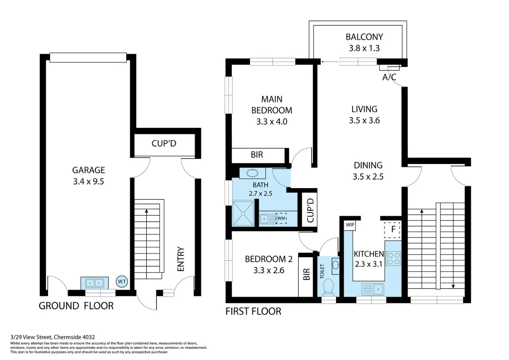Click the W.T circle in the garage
[x=122, y=281]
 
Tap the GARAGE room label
[x=88, y=170]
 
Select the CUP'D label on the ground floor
[x=164, y=143]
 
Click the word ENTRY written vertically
[x=181, y=259]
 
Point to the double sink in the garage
[x=95, y=283]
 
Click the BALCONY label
[x=364, y=37]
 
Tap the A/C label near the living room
[x=389, y=77]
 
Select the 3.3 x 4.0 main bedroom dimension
[x=272, y=121]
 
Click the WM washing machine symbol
[x=281, y=218]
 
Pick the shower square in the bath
[x=243, y=213]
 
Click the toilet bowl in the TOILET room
[x=328, y=287]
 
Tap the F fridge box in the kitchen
[x=393, y=230]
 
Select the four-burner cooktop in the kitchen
[x=393, y=258]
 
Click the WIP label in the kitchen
[x=350, y=225]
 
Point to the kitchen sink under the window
[x=373, y=289]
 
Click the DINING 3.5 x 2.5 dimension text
[x=368, y=177]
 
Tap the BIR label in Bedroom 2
[x=306, y=275]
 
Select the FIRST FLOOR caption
[x=253, y=312]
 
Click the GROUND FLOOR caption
[x=76, y=306]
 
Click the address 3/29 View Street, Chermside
[x=53, y=337]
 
